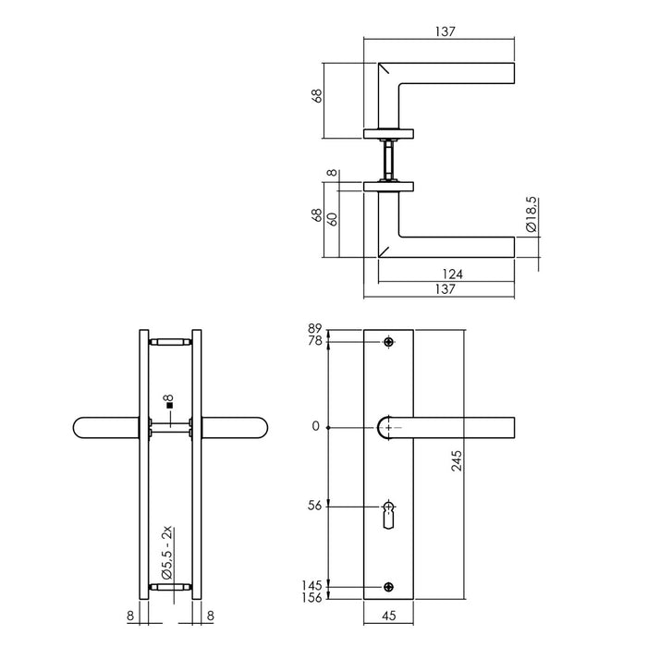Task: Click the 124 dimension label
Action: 452,274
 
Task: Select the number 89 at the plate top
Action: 315,328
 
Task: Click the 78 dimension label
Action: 315,342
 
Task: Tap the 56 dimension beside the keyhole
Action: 315,506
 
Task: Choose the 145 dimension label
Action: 313,586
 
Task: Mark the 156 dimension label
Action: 313,599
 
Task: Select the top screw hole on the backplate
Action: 388,343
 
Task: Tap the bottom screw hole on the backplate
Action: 388,586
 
